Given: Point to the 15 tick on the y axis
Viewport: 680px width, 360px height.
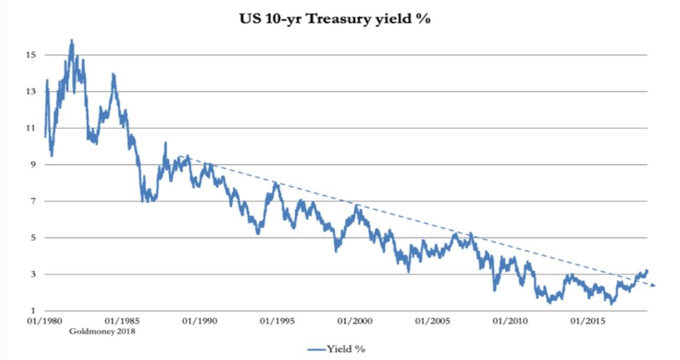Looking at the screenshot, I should click(x=31, y=55).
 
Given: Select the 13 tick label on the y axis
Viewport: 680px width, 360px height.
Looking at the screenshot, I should click(x=31, y=92).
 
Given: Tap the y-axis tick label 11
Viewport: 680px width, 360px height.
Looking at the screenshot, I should click(x=31, y=128).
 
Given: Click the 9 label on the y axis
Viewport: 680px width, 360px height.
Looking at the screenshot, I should click(x=33, y=165).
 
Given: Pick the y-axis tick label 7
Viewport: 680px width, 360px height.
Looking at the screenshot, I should click(x=33, y=202).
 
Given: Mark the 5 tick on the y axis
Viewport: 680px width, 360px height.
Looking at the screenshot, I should click(x=33, y=238).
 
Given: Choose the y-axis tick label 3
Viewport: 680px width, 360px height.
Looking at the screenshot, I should click(x=33, y=274).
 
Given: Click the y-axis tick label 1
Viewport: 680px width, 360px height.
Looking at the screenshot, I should click(x=33, y=311).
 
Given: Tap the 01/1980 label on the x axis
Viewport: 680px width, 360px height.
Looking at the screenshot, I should click(x=46, y=322).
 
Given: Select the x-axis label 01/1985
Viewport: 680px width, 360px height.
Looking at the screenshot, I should click(x=123, y=322).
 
